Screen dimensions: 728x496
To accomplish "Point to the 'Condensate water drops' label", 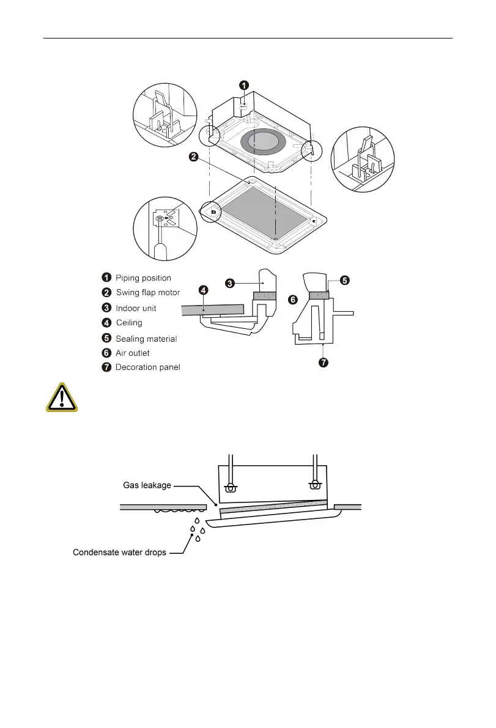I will point(119,553).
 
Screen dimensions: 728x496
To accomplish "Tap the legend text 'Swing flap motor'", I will point(148,293).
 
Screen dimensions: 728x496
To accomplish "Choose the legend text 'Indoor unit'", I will point(136,308).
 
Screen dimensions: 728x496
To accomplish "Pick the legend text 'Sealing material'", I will point(146,338).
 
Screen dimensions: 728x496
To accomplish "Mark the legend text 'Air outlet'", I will point(133,353).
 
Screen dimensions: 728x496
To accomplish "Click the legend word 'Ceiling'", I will point(129,323).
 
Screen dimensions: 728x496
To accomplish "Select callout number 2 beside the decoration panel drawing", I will point(193,158).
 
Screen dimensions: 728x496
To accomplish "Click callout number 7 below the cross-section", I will point(323,363).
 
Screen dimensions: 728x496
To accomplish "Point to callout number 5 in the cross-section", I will point(345,281).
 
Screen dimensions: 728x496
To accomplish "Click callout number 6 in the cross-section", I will point(293,300).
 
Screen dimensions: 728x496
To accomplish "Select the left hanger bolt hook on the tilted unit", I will point(231,487).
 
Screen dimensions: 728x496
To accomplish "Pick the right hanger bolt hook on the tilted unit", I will point(315,485).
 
